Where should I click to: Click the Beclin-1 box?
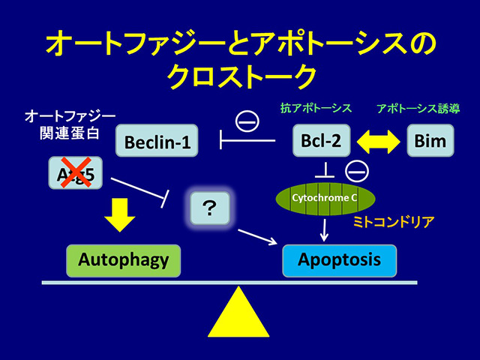tap(157, 140)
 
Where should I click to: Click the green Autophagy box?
tap(123, 260)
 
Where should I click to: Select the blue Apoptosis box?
tap(339, 260)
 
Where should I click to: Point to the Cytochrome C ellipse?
tap(325, 199)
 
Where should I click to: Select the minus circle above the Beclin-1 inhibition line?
tap(247, 119)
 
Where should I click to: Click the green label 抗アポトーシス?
tap(319, 109)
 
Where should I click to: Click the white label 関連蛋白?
tap(70, 134)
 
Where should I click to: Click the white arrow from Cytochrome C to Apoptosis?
tap(324, 229)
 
